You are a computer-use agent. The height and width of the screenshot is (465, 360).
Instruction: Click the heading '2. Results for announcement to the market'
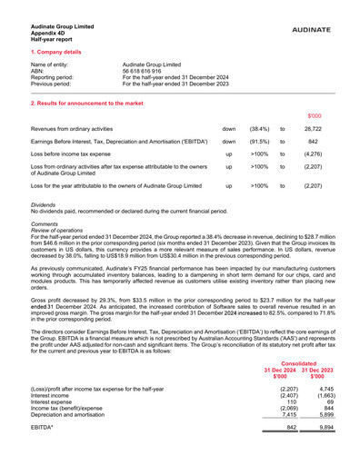[x=86, y=104]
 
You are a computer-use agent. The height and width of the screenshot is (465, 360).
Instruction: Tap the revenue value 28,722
[x=314, y=131]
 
